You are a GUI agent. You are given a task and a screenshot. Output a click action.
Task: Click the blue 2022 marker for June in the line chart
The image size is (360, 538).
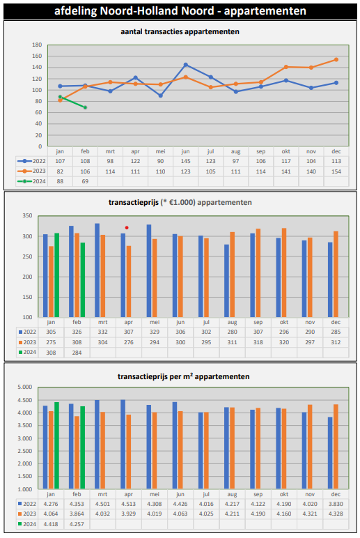(x=185, y=65)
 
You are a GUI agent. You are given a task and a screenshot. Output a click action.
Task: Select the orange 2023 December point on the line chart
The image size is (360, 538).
(x=336, y=60)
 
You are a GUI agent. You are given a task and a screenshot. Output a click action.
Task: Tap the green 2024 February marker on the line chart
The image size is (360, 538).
(x=85, y=107)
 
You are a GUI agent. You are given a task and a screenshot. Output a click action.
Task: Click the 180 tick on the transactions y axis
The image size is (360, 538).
(x=37, y=45)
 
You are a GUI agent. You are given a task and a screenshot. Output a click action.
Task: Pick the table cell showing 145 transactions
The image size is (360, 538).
(x=185, y=161)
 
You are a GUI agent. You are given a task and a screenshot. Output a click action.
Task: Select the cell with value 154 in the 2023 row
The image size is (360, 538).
(x=336, y=171)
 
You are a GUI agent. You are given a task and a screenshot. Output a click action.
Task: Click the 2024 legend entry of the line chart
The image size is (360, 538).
(x=31, y=181)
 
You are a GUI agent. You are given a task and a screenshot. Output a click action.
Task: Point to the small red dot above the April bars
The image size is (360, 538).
(x=127, y=227)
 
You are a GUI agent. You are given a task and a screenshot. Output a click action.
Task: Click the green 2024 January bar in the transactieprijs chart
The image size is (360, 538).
(x=57, y=275)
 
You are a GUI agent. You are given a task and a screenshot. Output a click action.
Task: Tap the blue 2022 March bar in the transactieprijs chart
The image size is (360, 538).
(x=97, y=270)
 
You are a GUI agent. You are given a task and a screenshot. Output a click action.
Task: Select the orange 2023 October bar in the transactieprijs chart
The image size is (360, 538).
(x=284, y=272)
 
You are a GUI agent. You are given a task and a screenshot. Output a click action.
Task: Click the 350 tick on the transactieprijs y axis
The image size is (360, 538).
(x=27, y=215)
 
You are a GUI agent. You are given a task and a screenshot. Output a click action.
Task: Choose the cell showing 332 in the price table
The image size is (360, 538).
(x=102, y=332)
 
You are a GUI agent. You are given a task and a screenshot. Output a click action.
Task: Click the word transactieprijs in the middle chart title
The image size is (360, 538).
(x=134, y=202)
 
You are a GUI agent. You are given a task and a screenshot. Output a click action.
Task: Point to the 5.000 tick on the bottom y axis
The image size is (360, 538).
(x=24, y=387)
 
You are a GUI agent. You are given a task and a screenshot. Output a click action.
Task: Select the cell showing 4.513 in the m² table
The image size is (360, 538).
(x=129, y=504)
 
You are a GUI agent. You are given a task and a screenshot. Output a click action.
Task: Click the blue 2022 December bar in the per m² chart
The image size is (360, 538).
(x=330, y=453)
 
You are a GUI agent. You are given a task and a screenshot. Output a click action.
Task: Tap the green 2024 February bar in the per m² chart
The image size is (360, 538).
(x=83, y=448)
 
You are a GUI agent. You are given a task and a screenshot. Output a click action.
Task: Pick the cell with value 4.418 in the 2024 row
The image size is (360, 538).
(x=51, y=524)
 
